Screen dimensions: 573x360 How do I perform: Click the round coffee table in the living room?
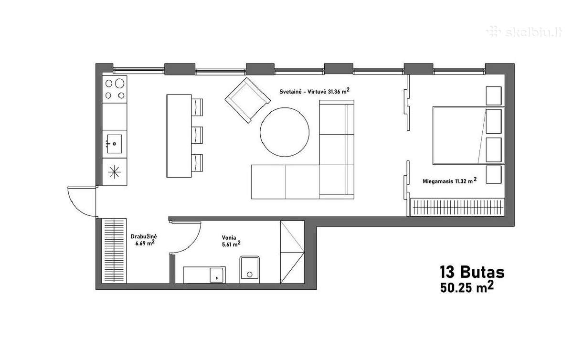(x=285, y=132)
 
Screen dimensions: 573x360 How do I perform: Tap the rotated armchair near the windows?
(x=248, y=100)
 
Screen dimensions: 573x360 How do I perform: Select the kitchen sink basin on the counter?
(x=114, y=144)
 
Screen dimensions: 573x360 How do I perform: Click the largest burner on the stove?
(x=119, y=84)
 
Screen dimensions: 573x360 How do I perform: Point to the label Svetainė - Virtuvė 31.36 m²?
(x=314, y=91)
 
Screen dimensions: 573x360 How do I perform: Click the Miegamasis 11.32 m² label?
(x=449, y=180)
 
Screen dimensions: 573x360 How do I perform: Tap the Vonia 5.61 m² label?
(x=231, y=241)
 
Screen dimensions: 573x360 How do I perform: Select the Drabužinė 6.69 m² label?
(x=144, y=240)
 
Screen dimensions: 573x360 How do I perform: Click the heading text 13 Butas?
(x=472, y=272)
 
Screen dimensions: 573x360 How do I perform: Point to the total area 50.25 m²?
(x=467, y=287)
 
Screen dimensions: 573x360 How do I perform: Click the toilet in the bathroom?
(x=249, y=270)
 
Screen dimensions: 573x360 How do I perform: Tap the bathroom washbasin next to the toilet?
(x=217, y=275)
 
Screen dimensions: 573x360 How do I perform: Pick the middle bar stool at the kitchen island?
(x=197, y=135)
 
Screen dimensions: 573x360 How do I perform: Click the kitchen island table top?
(x=179, y=136)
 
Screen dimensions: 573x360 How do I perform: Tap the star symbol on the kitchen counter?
(x=114, y=172)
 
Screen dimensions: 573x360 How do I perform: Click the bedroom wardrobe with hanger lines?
(x=457, y=207)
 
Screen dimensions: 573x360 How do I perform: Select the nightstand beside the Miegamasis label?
(x=493, y=174)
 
